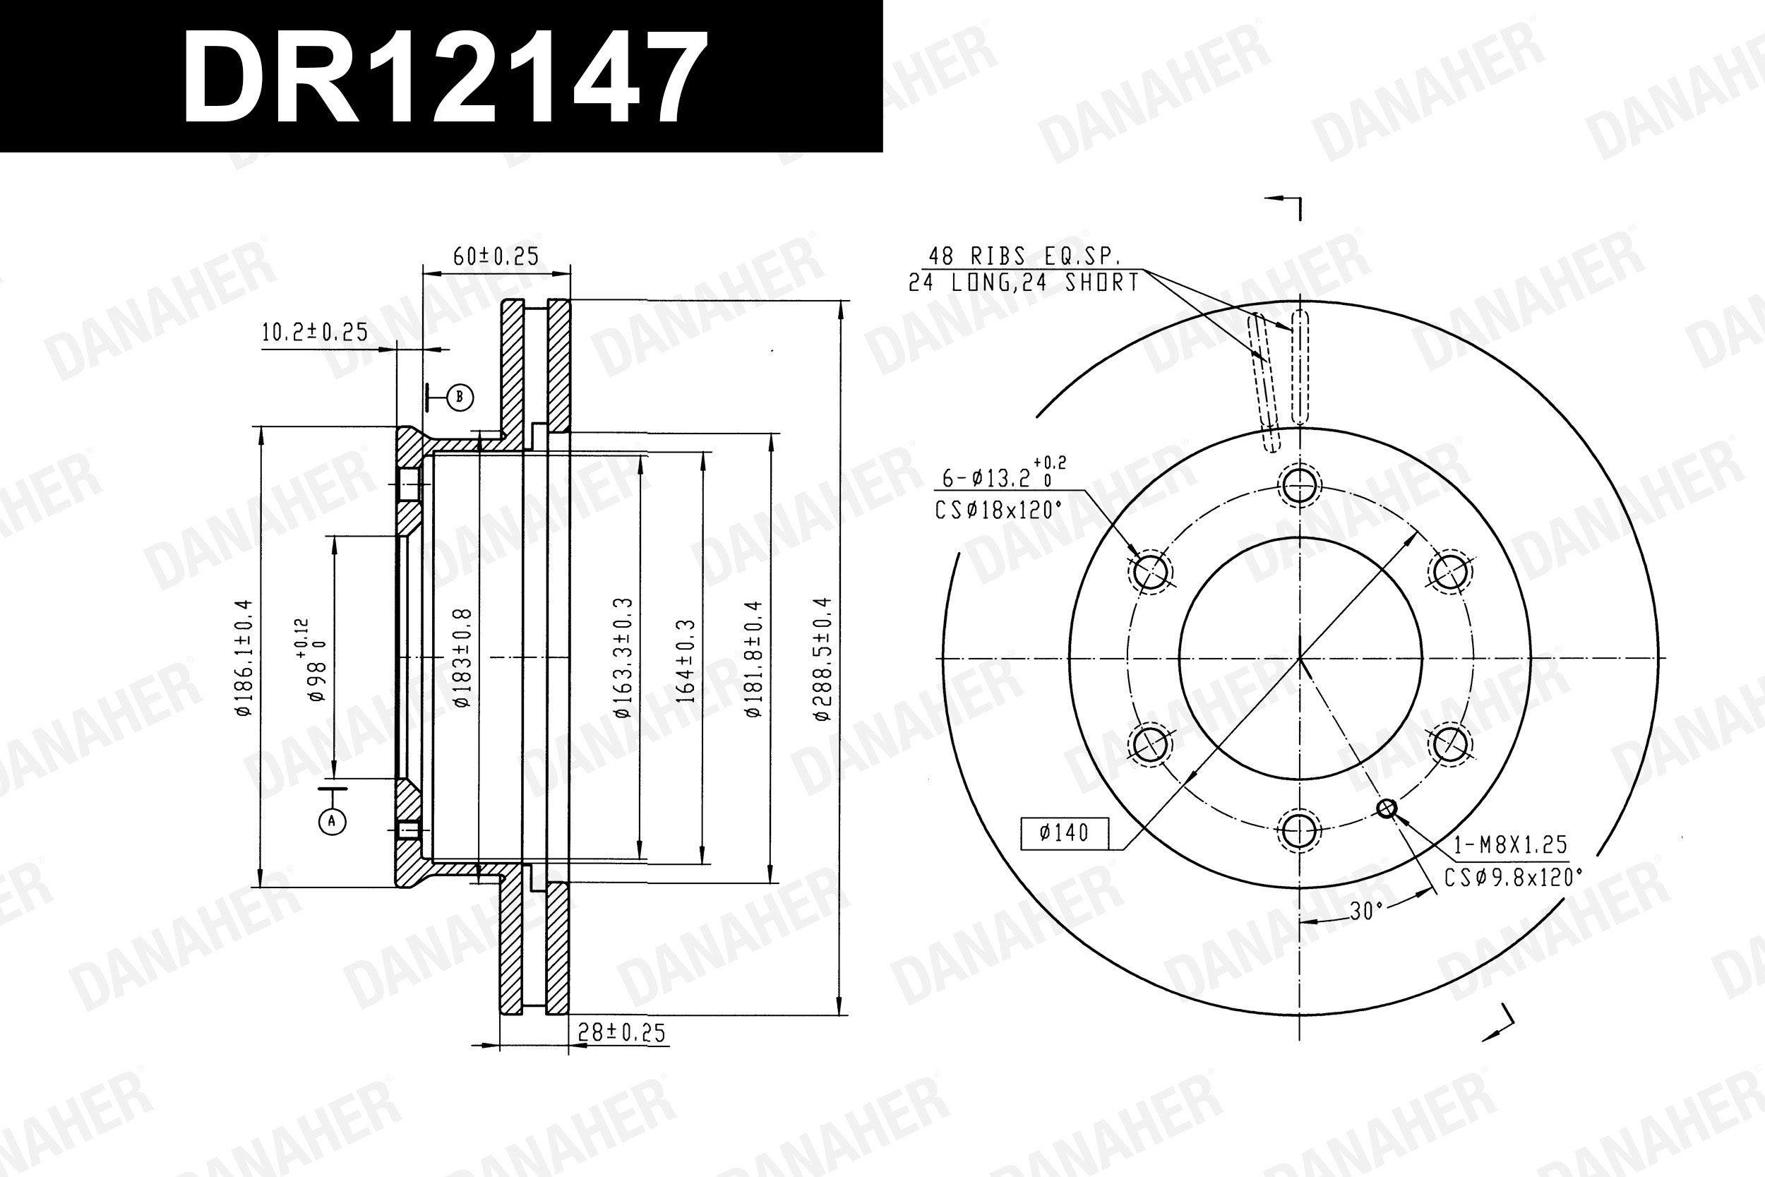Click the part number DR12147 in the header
click(x=445, y=76)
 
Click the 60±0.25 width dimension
click(x=496, y=257)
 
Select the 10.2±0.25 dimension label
click(x=315, y=332)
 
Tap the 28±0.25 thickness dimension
click(x=621, y=1033)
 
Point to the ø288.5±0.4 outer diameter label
click(x=823, y=659)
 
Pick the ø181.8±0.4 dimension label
click(x=753, y=659)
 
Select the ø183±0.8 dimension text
click(x=462, y=657)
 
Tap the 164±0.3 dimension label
click(x=686, y=661)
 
